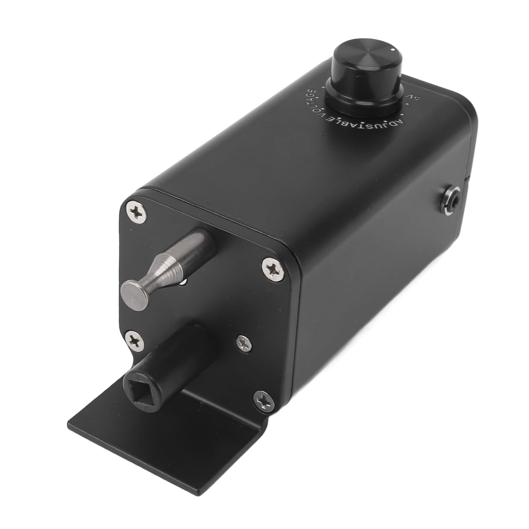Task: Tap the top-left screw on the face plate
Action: [x=135, y=212]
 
